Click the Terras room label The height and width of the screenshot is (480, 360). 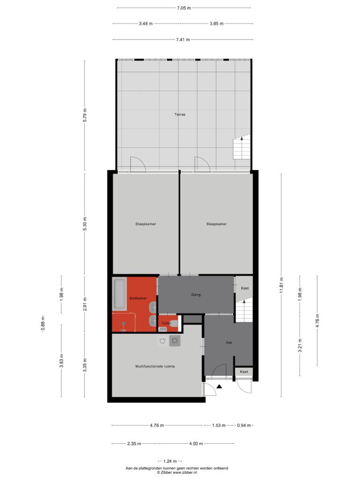[x=180, y=114]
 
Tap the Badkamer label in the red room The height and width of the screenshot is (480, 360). [x=138, y=298]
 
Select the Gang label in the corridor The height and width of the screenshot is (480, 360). [x=196, y=295]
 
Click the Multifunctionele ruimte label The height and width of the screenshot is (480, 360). [x=155, y=366]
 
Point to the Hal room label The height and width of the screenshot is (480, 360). [x=229, y=343]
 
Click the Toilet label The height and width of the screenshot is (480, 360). [x=166, y=323]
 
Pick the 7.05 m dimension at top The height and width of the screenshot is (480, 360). [x=184, y=8]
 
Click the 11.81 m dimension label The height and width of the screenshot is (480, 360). [x=281, y=285]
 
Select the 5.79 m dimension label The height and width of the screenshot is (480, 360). [x=85, y=115]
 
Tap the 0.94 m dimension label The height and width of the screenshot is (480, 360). [x=244, y=425]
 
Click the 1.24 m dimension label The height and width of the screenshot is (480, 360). [x=170, y=461]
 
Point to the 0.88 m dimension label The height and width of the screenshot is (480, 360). [x=43, y=323]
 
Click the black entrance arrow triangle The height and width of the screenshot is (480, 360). [x=219, y=386]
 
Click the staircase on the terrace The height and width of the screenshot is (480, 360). [x=241, y=148]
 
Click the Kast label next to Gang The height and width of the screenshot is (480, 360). [x=245, y=288]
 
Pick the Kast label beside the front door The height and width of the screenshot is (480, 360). [x=244, y=372]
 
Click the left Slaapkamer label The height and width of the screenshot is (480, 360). [x=146, y=224]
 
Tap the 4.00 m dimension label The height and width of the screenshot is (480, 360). [x=196, y=443]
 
